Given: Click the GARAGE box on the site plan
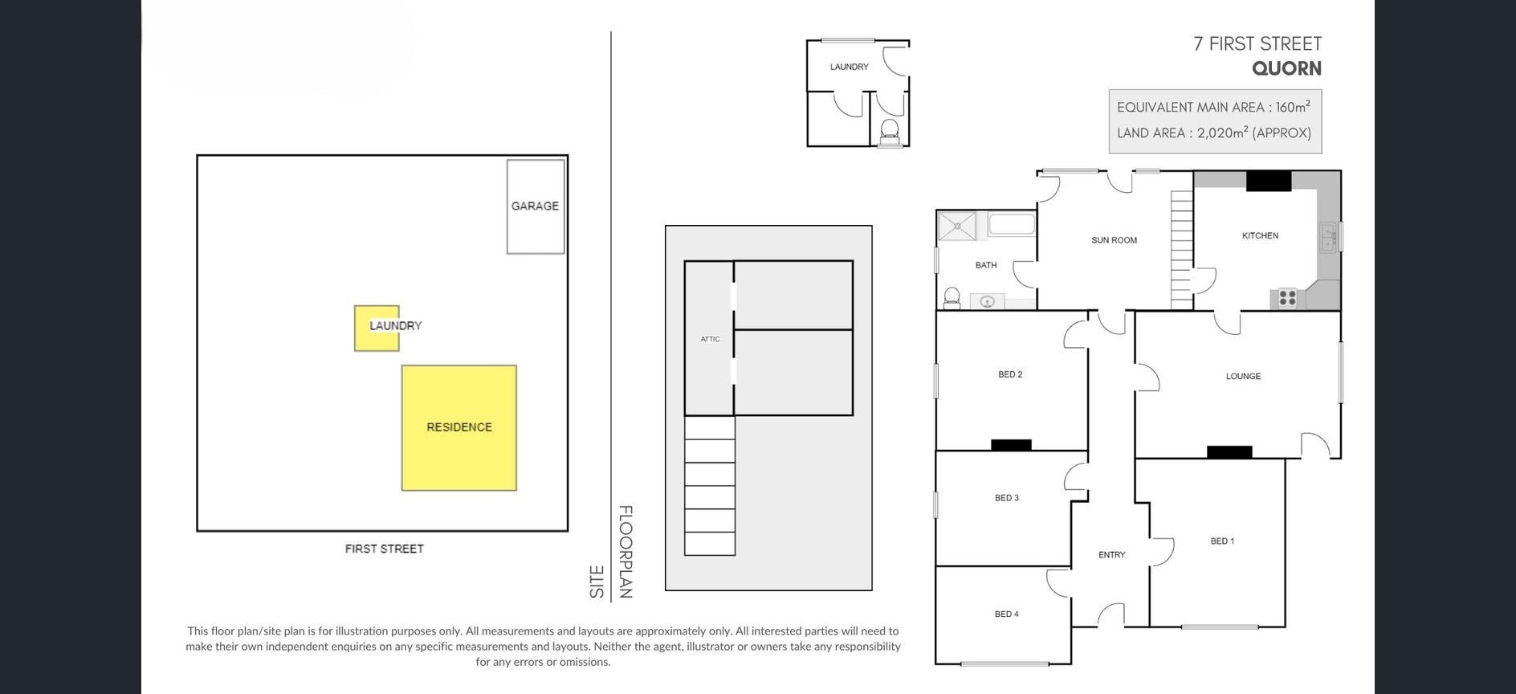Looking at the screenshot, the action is (x=536, y=206).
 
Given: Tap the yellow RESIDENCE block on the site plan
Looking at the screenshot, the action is (x=459, y=427).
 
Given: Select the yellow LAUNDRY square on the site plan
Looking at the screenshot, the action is (x=377, y=328).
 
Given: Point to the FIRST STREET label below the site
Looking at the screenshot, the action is (x=385, y=549).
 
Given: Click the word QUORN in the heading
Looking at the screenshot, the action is (x=1286, y=68).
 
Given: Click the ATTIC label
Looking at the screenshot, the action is (x=710, y=339).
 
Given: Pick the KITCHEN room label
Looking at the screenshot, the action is (x=1260, y=235).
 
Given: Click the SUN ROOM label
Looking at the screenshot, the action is (x=1114, y=240).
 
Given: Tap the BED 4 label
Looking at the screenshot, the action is (x=1006, y=614).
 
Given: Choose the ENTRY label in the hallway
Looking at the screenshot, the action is (x=1111, y=555).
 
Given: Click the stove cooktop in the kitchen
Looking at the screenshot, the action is (x=1287, y=298).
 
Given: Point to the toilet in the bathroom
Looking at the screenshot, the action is (x=952, y=298).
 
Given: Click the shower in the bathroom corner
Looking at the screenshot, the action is (x=957, y=226).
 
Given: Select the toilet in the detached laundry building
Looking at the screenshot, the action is (x=890, y=133).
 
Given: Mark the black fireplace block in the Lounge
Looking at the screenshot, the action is (x=1229, y=452).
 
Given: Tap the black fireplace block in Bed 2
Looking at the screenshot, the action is (x=1011, y=445).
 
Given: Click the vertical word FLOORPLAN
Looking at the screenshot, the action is (x=626, y=552).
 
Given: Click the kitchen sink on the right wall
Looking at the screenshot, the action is (x=1329, y=238).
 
